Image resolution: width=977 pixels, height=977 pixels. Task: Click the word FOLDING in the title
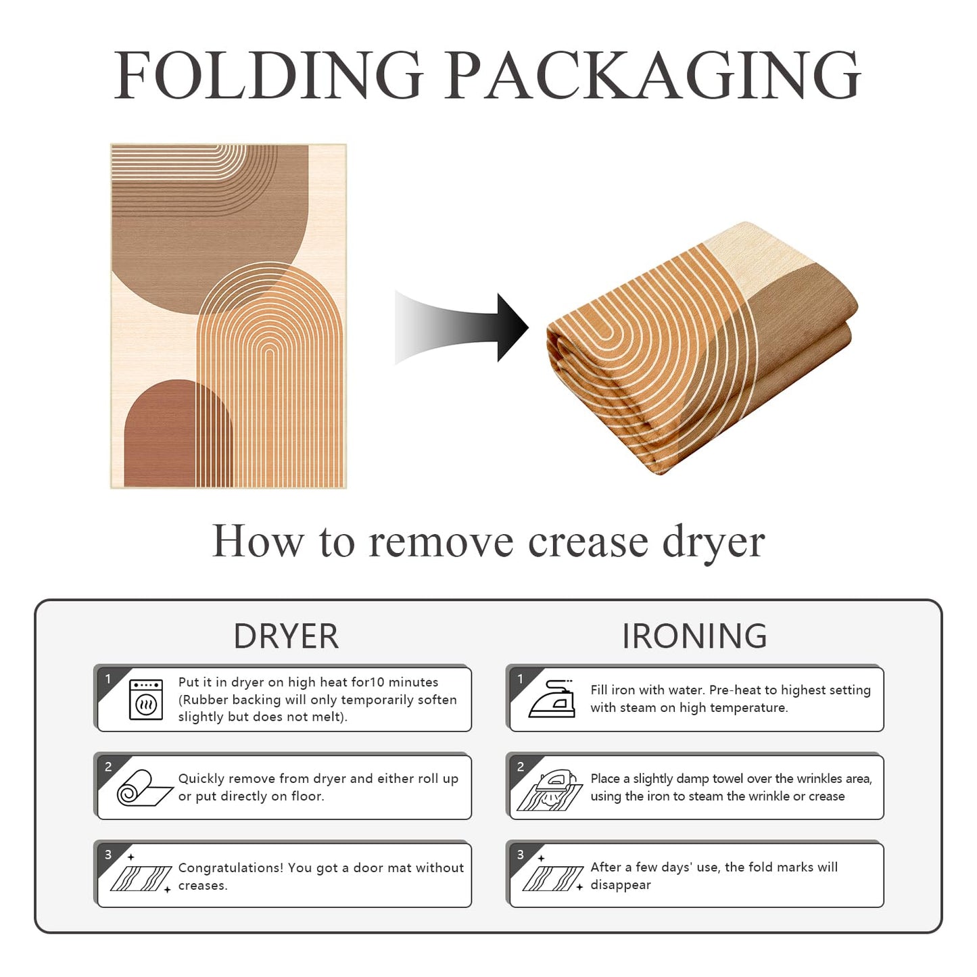click(268, 74)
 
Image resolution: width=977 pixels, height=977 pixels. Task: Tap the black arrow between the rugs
click(461, 327)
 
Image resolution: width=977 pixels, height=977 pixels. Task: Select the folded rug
click(702, 348)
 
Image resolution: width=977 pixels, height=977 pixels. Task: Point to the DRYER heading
click(285, 636)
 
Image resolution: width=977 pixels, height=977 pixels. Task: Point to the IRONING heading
click(694, 636)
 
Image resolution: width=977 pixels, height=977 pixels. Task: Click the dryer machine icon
click(146, 699)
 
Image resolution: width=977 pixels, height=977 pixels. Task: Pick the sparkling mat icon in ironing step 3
click(552, 876)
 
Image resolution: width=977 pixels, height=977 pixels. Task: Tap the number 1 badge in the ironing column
click(520, 678)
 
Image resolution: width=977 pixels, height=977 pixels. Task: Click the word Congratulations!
click(230, 869)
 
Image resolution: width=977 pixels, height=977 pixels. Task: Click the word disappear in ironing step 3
click(620, 885)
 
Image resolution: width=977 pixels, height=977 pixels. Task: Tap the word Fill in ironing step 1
click(599, 690)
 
